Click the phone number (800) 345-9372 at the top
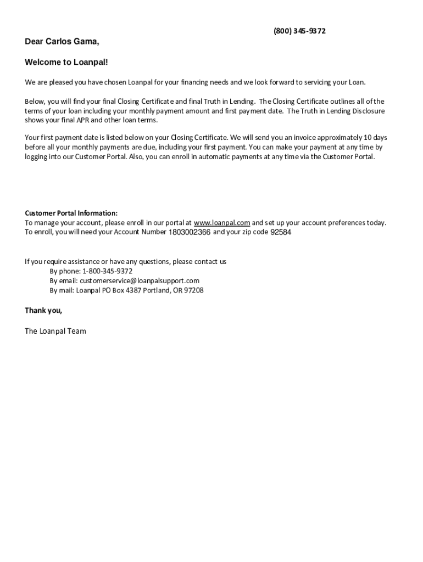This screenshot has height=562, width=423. pos(299,31)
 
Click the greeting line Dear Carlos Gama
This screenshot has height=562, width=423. pos(62,42)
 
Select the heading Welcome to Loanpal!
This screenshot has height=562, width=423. pos(66,63)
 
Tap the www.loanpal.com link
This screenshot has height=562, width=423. pos(222,223)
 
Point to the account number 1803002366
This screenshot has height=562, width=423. pos(189,232)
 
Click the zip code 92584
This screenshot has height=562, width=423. pos(281,232)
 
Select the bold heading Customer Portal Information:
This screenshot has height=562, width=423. pos(71,213)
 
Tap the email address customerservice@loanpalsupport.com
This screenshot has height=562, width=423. pos(140,280)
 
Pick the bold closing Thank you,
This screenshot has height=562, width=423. pos(43,311)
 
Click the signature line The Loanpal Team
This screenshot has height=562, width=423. pos(55,331)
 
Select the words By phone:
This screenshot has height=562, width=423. pos(65,271)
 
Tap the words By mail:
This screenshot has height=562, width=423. pos(62,290)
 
